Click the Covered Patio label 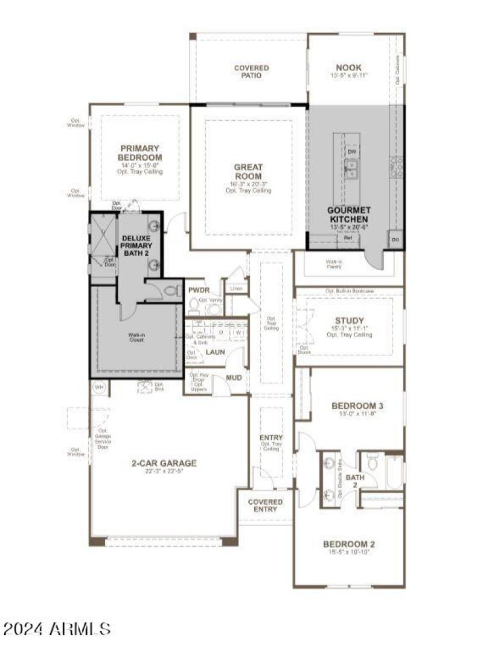pyautogui.click(x=251, y=72)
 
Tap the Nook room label pyautogui.click(x=348, y=68)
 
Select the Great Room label pyautogui.click(x=248, y=172)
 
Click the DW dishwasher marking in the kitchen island pyautogui.click(x=351, y=152)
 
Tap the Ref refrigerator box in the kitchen pyautogui.click(x=348, y=238)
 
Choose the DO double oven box pyautogui.click(x=395, y=239)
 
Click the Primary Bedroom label pyautogui.click(x=139, y=153)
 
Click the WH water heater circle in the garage pyautogui.click(x=98, y=387)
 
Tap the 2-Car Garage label pyautogui.click(x=156, y=463)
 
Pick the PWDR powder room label pyautogui.click(x=199, y=290)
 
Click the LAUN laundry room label pyautogui.click(x=215, y=352)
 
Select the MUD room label pyautogui.click(x=234, y=378)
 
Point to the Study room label pyautogui.click(x=350, y=320)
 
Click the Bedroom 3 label pyautogui.click(x=357, y=406)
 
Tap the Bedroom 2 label pyautogui.click(x=348, y=544)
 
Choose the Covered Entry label pyautogui.click(x=265, y=505)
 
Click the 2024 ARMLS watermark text pyautogui.click(x=57, y=629)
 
